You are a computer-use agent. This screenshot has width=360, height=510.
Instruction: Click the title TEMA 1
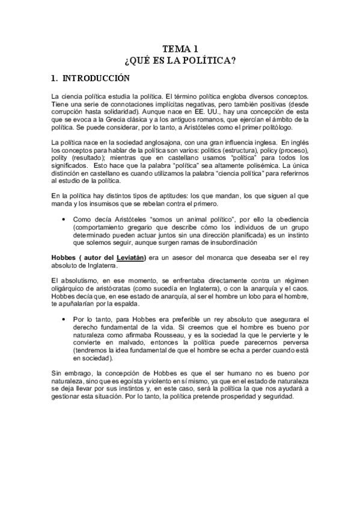coord(180,49)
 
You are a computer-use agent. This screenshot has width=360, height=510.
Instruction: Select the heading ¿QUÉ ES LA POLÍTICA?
coord(180,60)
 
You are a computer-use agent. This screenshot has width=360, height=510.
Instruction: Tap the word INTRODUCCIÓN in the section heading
coord(96,78)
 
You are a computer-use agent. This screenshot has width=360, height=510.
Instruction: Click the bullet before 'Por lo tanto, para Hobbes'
coord(64,319)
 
